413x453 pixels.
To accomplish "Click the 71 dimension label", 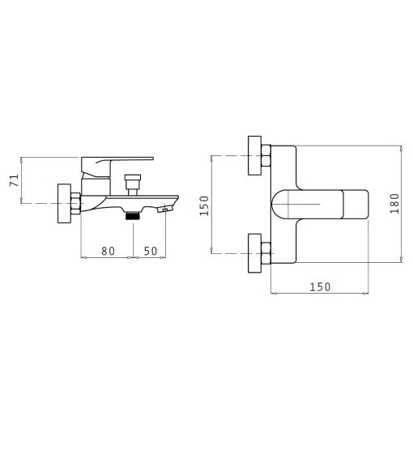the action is click(15, 180).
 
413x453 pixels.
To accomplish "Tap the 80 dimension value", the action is click(109, 251).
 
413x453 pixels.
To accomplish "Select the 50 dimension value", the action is click(151, 251).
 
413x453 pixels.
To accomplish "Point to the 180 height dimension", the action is click(394, 204).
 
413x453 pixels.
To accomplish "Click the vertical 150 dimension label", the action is click(204, 205).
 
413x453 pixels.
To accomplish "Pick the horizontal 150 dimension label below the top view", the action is click(320, 287).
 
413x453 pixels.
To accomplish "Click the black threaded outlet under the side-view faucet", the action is click(133, 215).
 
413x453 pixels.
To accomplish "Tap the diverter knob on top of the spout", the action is click(133, 184).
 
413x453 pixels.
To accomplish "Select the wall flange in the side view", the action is click(64, 203).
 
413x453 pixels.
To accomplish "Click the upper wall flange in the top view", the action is click(254, 155).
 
